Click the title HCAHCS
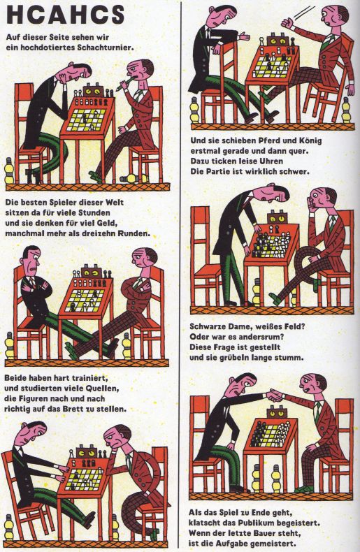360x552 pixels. pyautogui.click(x=66, y=15)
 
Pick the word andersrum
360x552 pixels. pyautogui.click(x=259, y=337)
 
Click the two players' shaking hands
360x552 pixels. pyautogui.click(x=275, y=395)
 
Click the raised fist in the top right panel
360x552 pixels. pyautogui.click(x=287, y=23)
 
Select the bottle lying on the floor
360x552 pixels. pyautogui.click(x=129, y=178)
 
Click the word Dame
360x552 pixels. pyautogui.click(x=233, y=327)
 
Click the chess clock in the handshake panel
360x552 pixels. pyautogui.click(x=276, y=412)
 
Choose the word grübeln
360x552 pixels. pyautogui.click(x=221, y=358)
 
